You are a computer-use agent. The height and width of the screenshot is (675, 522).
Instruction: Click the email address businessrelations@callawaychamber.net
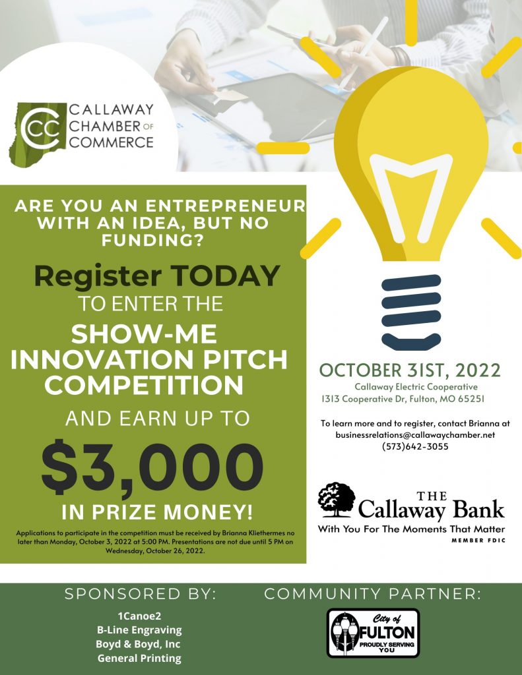click(x=415, y=435)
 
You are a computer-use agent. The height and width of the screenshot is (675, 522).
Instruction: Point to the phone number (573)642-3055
click(x=415, y=446)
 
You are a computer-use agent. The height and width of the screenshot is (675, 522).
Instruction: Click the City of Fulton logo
click(x=373, y=633)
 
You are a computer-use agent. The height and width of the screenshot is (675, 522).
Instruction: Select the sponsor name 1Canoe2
click(x=139, y=616)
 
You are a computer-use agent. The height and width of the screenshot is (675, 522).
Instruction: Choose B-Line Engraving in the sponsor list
click(x=139, y=630)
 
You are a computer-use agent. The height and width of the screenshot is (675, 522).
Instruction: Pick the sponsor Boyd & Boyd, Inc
click(x=138, y=644)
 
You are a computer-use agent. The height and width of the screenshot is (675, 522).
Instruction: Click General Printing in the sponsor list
click(x=139, y=658)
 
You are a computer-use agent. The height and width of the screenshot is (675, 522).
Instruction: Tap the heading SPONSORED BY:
click(x=140, y=594)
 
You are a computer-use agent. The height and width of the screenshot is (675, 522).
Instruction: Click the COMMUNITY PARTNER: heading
click(x=372, y=594)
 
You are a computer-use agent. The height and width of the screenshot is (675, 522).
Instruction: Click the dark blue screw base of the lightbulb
click(x=410, y=310)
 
